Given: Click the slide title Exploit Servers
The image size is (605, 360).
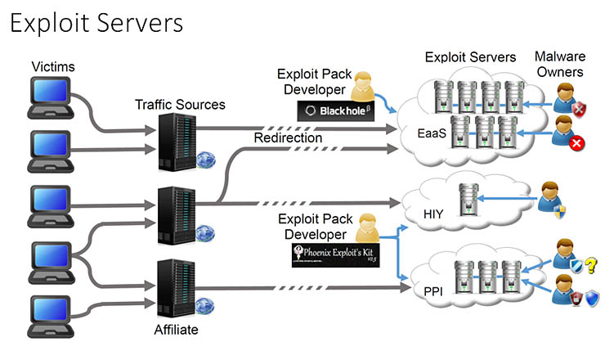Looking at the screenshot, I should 96,23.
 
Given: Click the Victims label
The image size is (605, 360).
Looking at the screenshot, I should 52,65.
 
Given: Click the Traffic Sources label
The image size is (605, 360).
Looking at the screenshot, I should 180,104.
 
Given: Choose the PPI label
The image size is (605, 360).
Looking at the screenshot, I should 432,289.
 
